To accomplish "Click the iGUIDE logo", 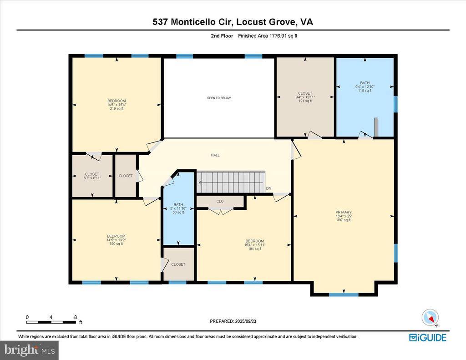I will point(427,337).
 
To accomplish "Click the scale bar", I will point(51,322).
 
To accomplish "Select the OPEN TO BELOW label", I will point(219,98).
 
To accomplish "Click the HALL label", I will point(215,155).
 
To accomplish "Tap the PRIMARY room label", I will point(344,212).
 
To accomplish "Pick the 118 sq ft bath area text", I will point(365,91).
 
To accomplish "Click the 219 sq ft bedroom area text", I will point(116,109).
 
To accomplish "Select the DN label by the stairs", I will point(269,188).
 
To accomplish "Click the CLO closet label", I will point(220,201).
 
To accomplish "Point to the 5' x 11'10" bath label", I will point(178,208).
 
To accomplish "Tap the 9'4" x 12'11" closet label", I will point(305,97).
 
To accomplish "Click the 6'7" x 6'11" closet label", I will point(92,178).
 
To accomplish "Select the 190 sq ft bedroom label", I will point(116,243).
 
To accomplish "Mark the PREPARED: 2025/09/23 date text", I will point(233,321).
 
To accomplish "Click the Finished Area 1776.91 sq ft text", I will point(268,35).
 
